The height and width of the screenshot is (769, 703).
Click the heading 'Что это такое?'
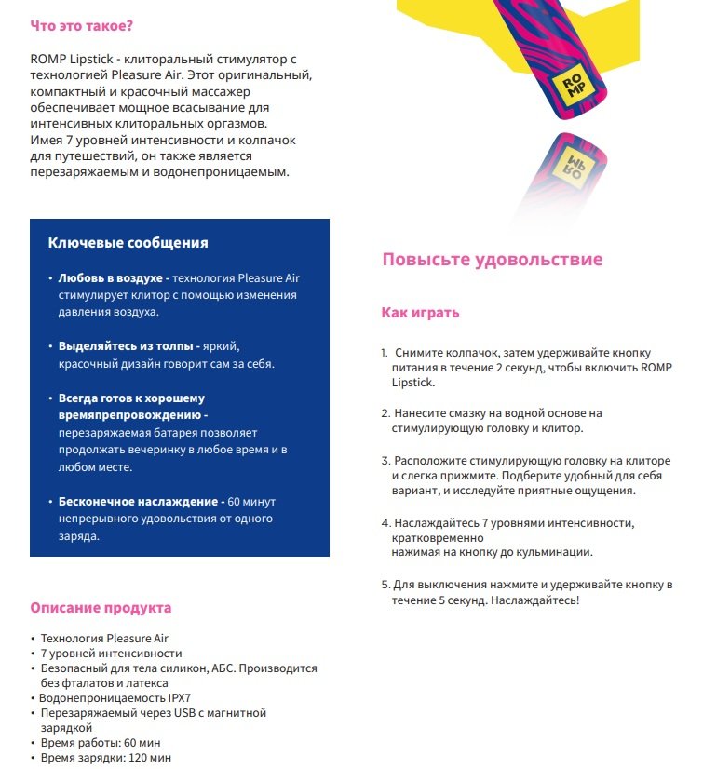tap(81, 25)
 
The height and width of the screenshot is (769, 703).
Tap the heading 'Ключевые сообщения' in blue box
tap(128, 242)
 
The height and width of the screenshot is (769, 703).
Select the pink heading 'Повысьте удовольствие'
tap(492, 260)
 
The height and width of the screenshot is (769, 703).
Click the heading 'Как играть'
tap(420, 313)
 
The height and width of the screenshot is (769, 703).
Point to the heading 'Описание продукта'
tap(101, 608)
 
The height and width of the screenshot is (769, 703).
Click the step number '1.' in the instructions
tap(385, 354)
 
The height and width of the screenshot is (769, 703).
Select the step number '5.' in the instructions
tap(385, 585)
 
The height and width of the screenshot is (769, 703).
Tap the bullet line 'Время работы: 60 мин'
tap(101, 743)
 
